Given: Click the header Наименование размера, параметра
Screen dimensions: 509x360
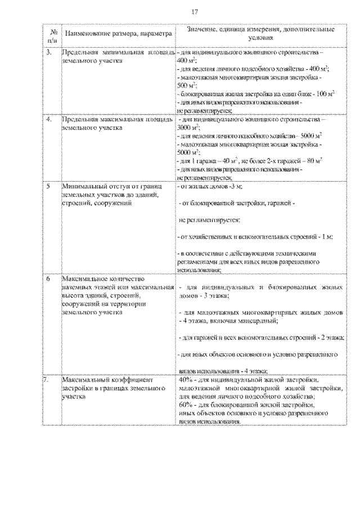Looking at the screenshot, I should [x=116, y=34].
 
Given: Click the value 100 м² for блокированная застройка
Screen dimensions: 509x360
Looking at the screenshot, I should [x=325, y=93].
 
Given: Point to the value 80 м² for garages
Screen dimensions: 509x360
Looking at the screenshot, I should [x=313, y=160].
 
